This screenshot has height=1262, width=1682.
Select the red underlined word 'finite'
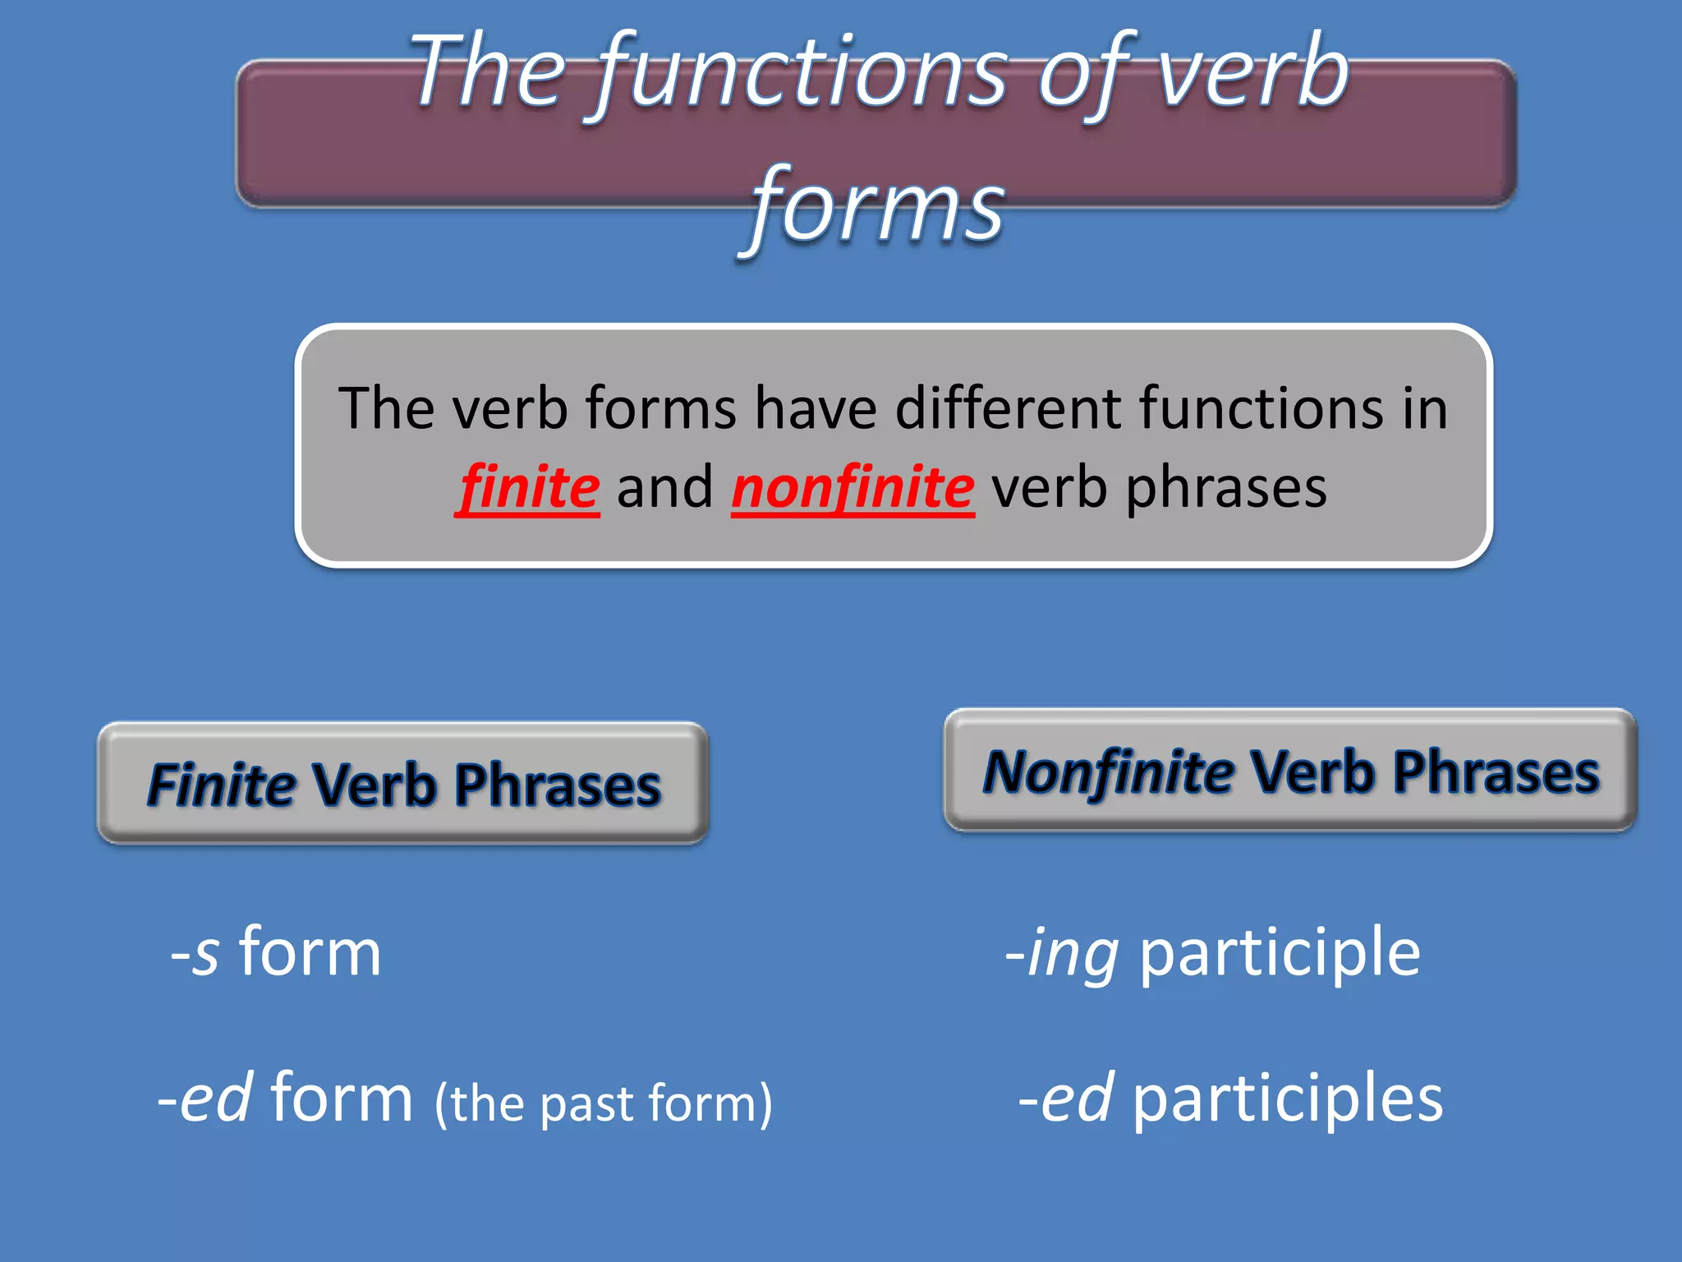point(530,488)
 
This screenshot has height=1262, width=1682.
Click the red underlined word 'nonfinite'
point(853,488)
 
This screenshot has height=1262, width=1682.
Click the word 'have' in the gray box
point(816,408)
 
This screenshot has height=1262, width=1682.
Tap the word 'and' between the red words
point(665,488)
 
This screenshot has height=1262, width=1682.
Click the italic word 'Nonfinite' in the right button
point(1108,772)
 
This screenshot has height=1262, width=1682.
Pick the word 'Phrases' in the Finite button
point(558,785)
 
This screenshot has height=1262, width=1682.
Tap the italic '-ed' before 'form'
point(205,1099)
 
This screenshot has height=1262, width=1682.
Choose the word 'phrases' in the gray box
point(1225,488)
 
